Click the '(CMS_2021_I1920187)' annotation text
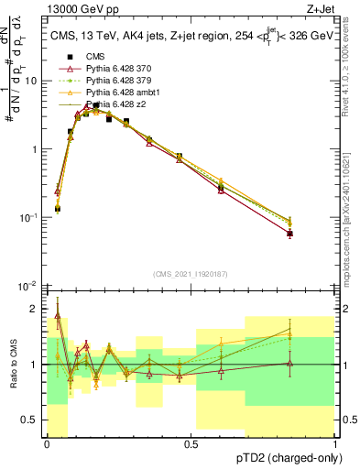click(191, 273)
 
